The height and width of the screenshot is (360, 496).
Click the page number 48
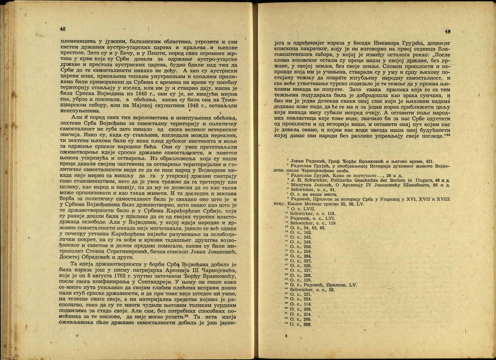[x=63, y=29]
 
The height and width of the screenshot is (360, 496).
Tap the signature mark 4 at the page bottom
[x=286, y=336]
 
